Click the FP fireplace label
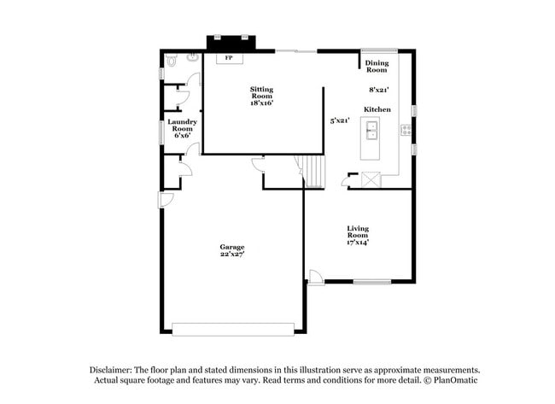pos(228,59)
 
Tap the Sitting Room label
pos(262,92)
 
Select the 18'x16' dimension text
pos(262,103)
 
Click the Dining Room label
pos(377,67)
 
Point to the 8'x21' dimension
pos(378,89)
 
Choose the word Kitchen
pos(377,109)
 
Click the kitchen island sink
pos(371,131)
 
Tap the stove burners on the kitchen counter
pos(406,131)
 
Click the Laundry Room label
pos(183,125)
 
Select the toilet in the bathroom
pos(172,61)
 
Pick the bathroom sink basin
pos(193,57)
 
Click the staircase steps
pos(314,171)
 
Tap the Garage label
pos(232,247)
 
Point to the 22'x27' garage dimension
pos(232,255)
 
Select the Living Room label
pos(358,231)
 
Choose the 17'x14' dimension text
pos(358,243)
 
